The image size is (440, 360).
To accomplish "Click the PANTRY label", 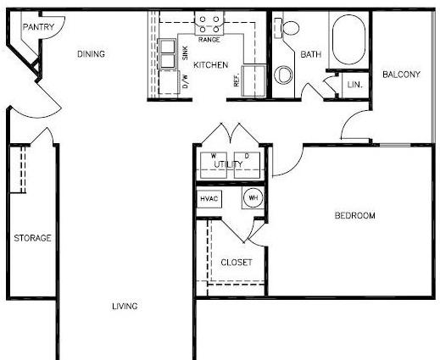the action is coord(38,27).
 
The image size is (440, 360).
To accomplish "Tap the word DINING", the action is coord(91,54).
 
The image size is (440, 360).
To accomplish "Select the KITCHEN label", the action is coord(211,65).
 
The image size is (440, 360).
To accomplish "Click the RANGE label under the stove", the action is coord(209,40).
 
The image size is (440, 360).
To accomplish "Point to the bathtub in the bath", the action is coord(348,40).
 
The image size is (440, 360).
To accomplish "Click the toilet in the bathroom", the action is coord(287,27).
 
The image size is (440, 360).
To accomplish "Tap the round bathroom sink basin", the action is coord(283,75).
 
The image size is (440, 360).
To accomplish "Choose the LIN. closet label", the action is coord(354,85).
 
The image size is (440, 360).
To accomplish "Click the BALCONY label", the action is coord(401,75).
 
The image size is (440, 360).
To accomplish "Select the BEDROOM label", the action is coord(355,215).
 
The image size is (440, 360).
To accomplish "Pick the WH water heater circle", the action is coord(253,197).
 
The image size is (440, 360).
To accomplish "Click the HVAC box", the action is coord(209,199).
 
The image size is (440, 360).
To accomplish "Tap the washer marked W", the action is coord(214,165).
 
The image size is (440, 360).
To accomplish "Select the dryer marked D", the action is coord(247,165).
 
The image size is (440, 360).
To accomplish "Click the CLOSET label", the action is coord(237,263).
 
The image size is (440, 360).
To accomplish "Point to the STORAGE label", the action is coord(32,238).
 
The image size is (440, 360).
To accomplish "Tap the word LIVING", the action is coord(125,306).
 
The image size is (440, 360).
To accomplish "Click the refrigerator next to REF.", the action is coord(253,80).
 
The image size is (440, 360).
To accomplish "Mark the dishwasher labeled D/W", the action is coord(169,82).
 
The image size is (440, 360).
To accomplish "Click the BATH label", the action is coord(311,54).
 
